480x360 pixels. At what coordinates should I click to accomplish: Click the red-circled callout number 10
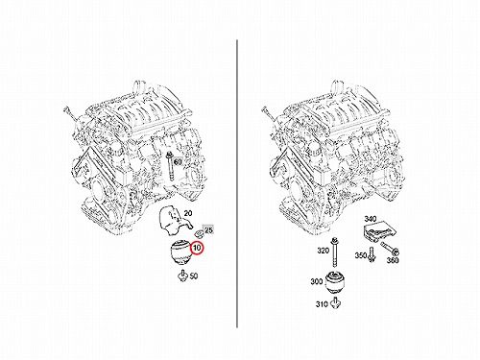(197, 248)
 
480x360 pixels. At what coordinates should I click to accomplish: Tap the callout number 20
(188, 213)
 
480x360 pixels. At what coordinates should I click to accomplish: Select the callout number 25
(208, 230)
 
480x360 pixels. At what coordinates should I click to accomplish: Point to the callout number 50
(194, 276)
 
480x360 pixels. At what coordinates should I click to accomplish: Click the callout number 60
(178, 162)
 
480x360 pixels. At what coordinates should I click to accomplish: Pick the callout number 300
(317, 281)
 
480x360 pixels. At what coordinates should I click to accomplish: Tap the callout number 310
(322, 304)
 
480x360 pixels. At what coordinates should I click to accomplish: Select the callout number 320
(324, 251)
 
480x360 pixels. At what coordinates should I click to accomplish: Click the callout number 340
(371, 219)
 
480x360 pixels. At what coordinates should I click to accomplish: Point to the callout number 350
(361, 255)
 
